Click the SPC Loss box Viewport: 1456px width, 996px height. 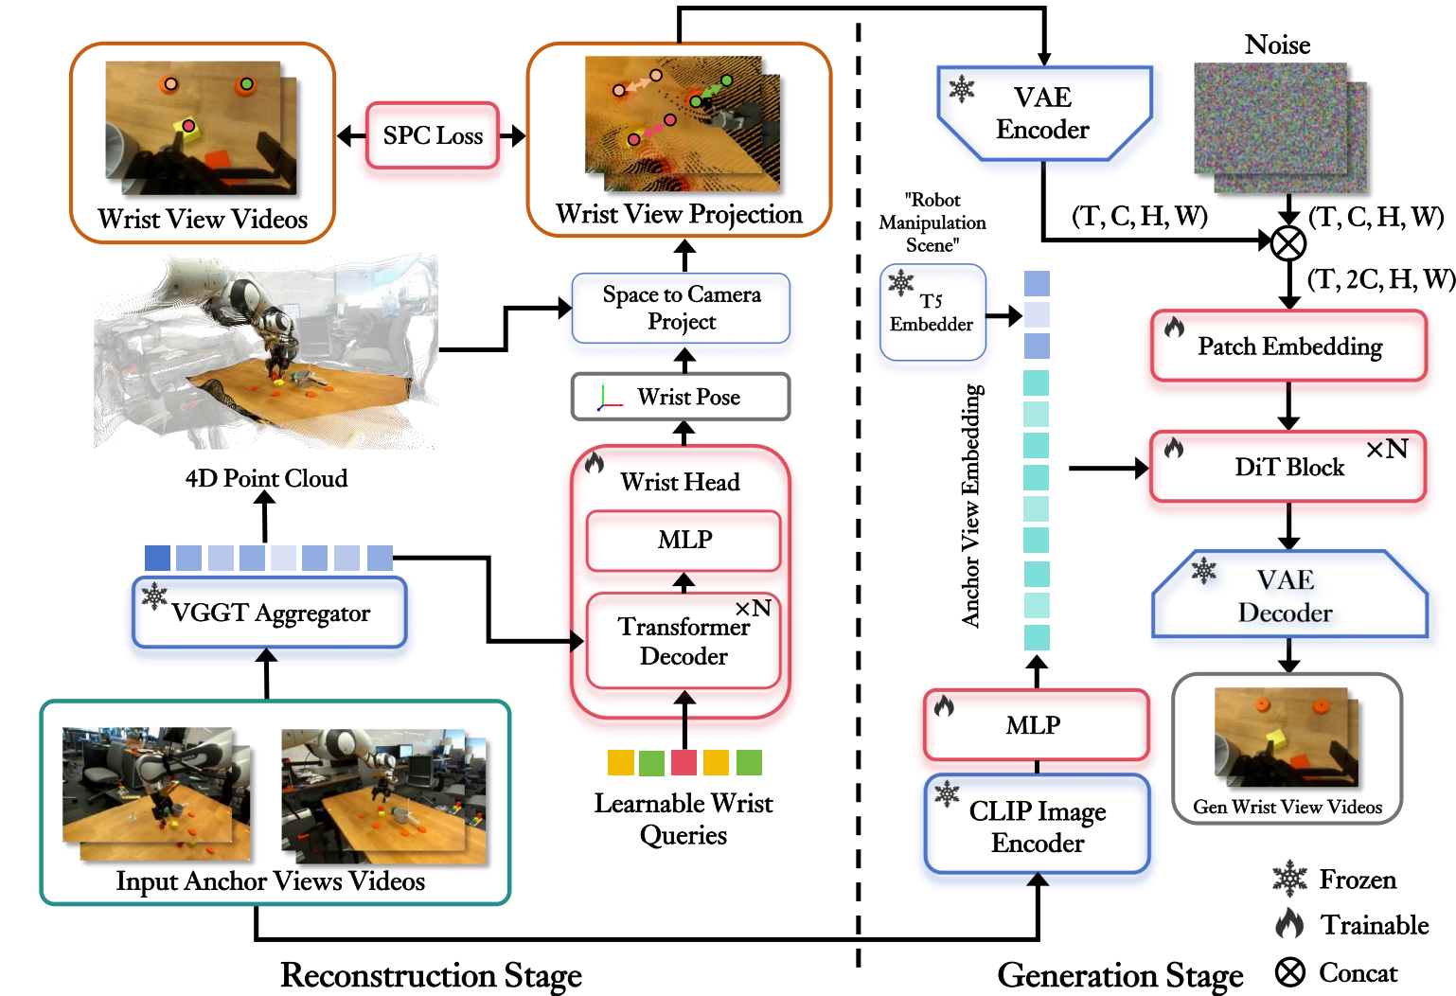(x=433, y=136)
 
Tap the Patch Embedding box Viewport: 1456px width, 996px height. (x=1288, y=347)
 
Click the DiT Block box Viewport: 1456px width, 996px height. (x=1288, y=467)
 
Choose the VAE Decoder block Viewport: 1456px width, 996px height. (x=1288, y=596)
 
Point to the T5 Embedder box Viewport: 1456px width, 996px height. (x=932, y=313)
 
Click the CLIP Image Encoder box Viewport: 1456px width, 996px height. (x=1037, y=826)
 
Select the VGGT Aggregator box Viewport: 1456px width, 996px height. (x=270, y=614)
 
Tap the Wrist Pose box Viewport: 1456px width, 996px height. (x=681, y=397)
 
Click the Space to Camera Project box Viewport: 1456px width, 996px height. (x=681, y=309)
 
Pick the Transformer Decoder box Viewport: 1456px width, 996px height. (x=684, y=641)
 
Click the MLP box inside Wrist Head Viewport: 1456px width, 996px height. (x=684, y=540)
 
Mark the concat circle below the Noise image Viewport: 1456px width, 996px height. (x=1287, y=243)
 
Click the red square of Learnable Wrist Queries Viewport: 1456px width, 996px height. (x=684, y=762)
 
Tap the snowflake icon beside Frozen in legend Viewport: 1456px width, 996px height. (x=1289, y=880)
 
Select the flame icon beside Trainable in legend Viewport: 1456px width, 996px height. (x=1289, y=923)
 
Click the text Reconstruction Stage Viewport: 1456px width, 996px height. (x=431, y=975)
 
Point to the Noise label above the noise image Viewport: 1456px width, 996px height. (x=1277, y=44)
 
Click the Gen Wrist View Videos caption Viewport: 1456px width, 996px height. (x=1287, y=807)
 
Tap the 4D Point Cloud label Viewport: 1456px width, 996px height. (x=266, y=478)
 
